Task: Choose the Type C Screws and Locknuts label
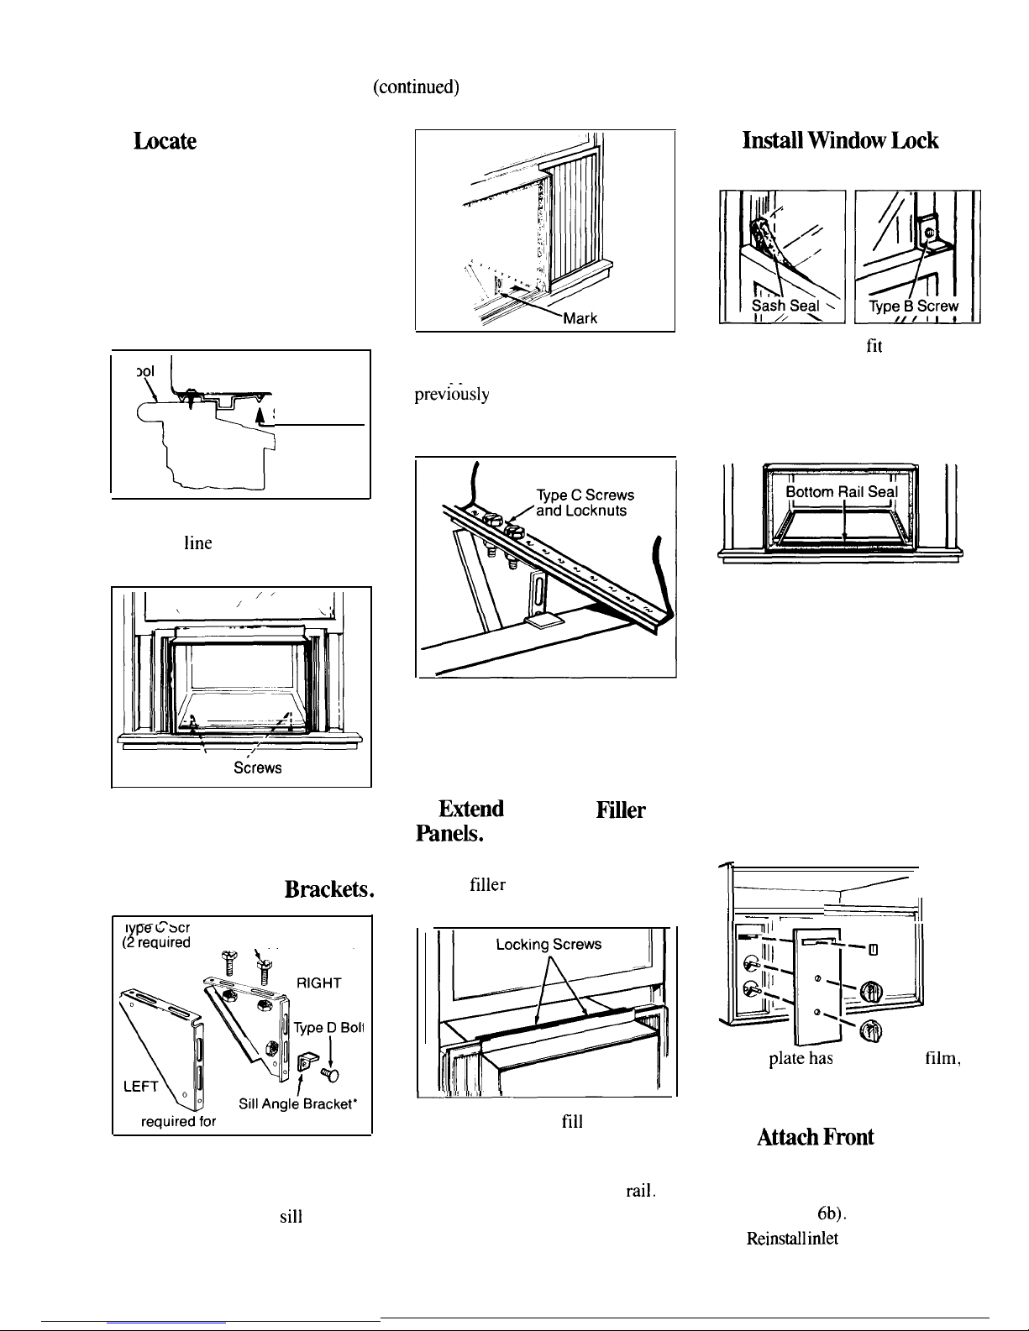point(584,502)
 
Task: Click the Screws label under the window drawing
point(257,768)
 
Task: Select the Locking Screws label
point(549,944)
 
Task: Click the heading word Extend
point(475,808)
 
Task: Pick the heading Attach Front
point(816,1136)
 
